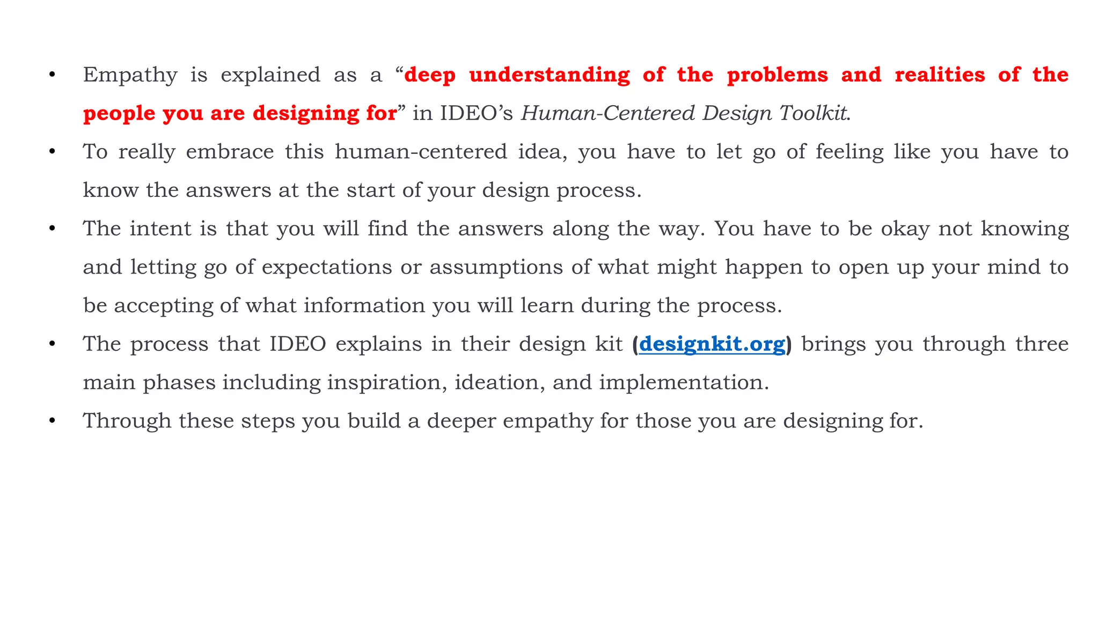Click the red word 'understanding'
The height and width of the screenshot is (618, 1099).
tap(549, 75)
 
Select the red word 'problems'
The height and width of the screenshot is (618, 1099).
tap(778, 75)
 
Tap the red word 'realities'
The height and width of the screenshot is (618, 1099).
tap(940, 75)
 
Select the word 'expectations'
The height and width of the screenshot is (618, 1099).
tap(327, 267)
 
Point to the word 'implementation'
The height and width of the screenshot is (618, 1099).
tap(683, 382)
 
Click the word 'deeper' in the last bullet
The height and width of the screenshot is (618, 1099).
tap(461, 421)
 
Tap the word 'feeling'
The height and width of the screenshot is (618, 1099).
tap(849, 152)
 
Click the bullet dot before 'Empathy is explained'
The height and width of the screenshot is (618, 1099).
tap(52, 75)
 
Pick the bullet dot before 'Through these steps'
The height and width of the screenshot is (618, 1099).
tap(52, 421)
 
